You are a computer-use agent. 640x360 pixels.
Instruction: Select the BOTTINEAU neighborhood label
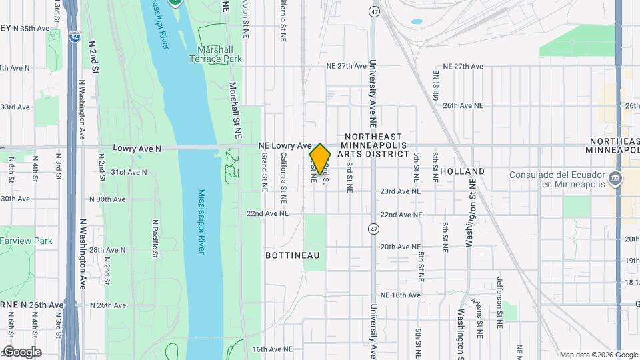click(293, 255)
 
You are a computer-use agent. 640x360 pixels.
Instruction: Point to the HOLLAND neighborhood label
click(462, 171)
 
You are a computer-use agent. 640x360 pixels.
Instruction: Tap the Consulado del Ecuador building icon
click(615, 178)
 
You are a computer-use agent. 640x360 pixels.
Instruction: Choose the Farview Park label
click(25, 241)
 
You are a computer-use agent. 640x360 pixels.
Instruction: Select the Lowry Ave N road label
click(137, 147)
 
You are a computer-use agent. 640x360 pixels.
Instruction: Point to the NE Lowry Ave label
click(285, 145)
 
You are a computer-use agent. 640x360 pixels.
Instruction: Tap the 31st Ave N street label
click(129, 172)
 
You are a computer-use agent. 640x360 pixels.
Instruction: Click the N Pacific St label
click(154, 238)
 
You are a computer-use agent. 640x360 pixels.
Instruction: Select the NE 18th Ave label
click(400, 295)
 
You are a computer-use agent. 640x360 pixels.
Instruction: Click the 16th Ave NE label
click(272, 349)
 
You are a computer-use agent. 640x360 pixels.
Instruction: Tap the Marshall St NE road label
click(235, 110)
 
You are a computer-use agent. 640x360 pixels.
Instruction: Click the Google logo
click(21, 352)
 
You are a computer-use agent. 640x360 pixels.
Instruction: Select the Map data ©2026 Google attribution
click(597, 355)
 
